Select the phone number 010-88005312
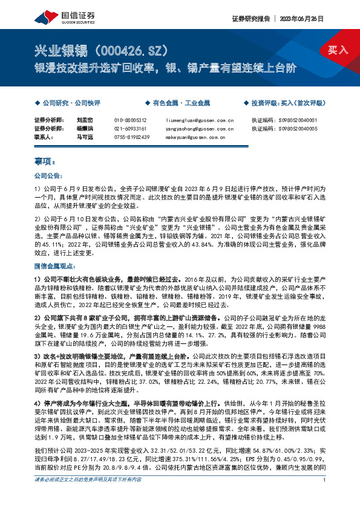coord(130,120)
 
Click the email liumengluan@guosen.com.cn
coord(195,120)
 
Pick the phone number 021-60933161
coord(130,129)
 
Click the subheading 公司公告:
coord(48,176)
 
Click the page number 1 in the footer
coord(326,497)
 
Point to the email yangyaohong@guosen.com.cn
coord(195,129)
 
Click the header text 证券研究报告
coord(250,19)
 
